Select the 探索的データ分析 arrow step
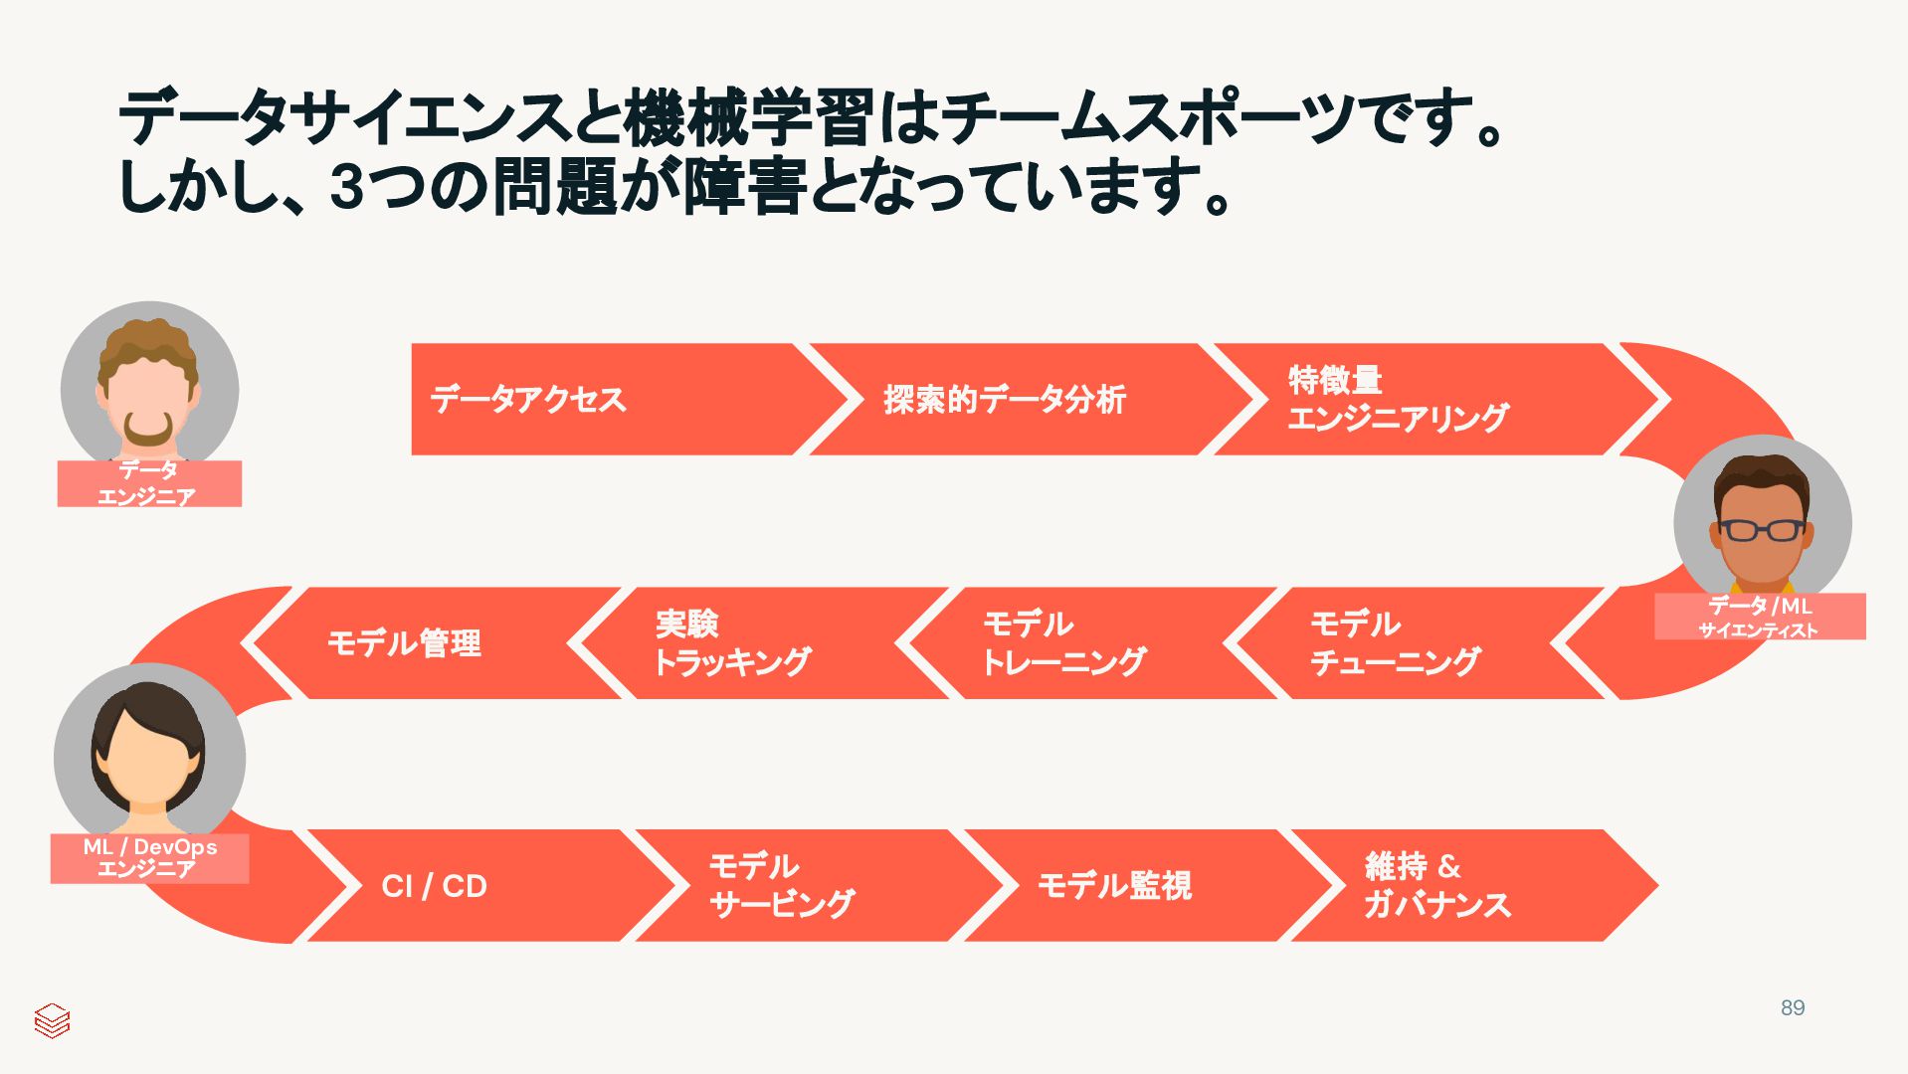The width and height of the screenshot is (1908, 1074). tap(1005, 400)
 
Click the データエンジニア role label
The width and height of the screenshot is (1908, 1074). tap(149, 483)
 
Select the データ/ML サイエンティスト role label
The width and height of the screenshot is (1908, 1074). tap(1759, 617)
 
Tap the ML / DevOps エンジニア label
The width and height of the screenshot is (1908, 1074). tap(150, 858)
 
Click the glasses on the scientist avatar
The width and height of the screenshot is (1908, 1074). tap(1762, 530)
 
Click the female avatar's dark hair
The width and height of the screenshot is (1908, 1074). tap(148, 701)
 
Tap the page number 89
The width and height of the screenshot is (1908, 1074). tap(1793, 1007)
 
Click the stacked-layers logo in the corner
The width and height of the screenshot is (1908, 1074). tap(52, 1020)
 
